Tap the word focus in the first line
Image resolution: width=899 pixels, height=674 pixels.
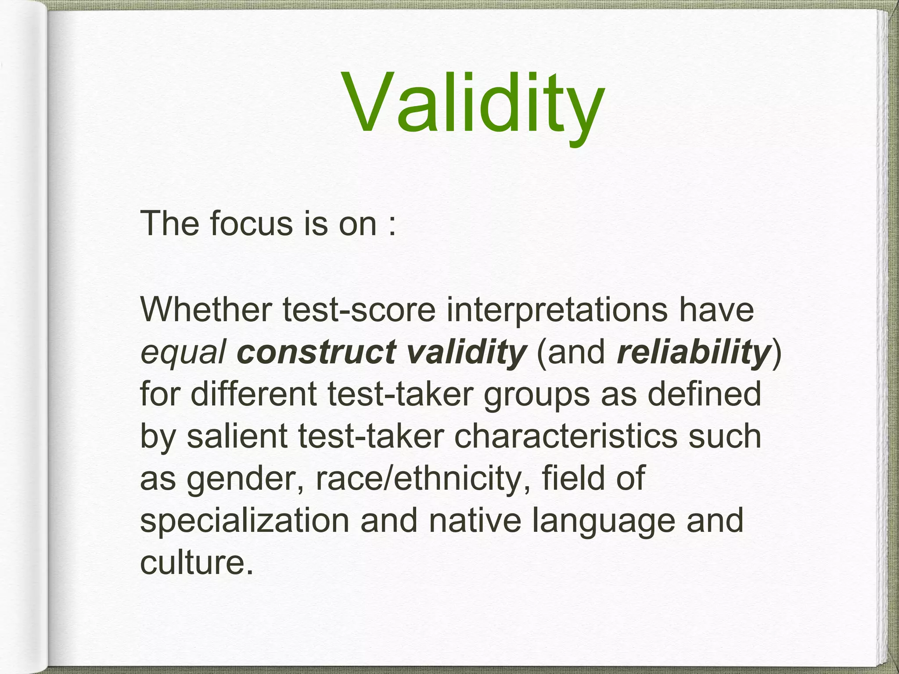[251, 224]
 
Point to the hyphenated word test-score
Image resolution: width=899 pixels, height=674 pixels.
[360, 309]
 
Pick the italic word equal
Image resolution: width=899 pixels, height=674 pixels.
[183, 352]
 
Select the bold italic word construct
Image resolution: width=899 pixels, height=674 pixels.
[316, 351]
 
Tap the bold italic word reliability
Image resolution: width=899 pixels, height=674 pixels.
[694, 351]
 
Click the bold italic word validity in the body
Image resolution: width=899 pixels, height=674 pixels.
[466, 351]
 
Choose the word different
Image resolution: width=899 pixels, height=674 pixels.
[253, 394]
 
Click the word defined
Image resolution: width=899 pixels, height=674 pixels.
[704, 394]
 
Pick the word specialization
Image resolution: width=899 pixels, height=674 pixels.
[245, 521]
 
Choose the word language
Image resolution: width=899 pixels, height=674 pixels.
[604, 521]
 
